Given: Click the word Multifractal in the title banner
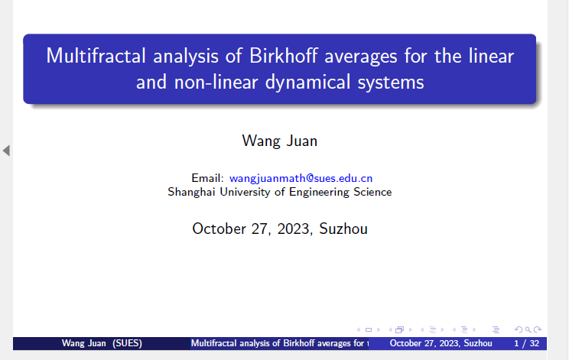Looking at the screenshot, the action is pos(96,56).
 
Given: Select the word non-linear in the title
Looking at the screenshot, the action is pos(216,82).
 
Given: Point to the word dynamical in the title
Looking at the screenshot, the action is pos(307,83).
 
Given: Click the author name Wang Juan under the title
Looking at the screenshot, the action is pos(280,141).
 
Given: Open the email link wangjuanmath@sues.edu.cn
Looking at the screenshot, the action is pos(301,178).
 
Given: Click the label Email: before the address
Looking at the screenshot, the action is pos(207,178).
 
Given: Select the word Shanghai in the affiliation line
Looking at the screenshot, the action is pos(191,192).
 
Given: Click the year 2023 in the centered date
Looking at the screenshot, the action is pos(294,229).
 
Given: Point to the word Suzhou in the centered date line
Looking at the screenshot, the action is pos(343,229).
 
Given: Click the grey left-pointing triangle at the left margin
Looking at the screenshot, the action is pos(6,150).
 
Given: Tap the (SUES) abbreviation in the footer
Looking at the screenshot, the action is pos(127,343).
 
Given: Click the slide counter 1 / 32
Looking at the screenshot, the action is pos(526,343).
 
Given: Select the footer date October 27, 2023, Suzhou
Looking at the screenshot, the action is pos(441,343).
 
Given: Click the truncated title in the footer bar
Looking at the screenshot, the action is pos(280,343).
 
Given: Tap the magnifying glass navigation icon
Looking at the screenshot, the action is pos(528,329).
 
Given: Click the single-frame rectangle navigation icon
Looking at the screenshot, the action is pos(369,330).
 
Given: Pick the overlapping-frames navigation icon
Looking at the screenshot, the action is pos(399,329).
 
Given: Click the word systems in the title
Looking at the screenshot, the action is pos(391,83).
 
